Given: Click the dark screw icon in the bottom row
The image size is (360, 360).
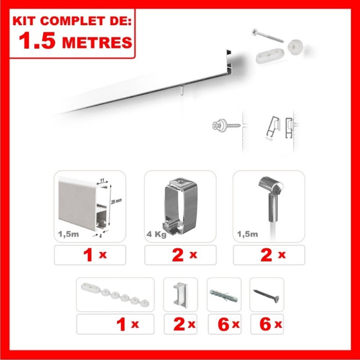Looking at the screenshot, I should click(267, 295).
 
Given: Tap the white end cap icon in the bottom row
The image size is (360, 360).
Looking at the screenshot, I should click(180, 294).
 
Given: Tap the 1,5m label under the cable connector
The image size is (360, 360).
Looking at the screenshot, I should click(247, 234).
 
